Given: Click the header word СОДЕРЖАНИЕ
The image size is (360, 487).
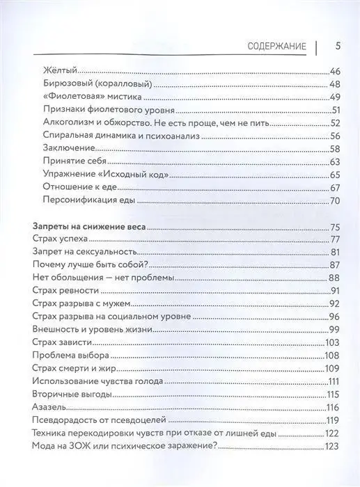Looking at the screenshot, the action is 277,47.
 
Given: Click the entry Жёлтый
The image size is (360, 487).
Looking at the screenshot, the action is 59,70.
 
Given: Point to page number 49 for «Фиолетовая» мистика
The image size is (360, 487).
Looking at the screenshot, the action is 334,96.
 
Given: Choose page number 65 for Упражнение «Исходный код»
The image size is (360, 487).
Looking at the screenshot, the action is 334,175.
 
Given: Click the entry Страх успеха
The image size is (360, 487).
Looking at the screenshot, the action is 60,240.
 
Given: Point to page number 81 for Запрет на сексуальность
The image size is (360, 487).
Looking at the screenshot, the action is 334,253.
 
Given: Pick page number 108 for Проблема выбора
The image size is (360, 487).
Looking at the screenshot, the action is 331,356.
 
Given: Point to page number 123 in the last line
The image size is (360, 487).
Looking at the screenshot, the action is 331,447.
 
